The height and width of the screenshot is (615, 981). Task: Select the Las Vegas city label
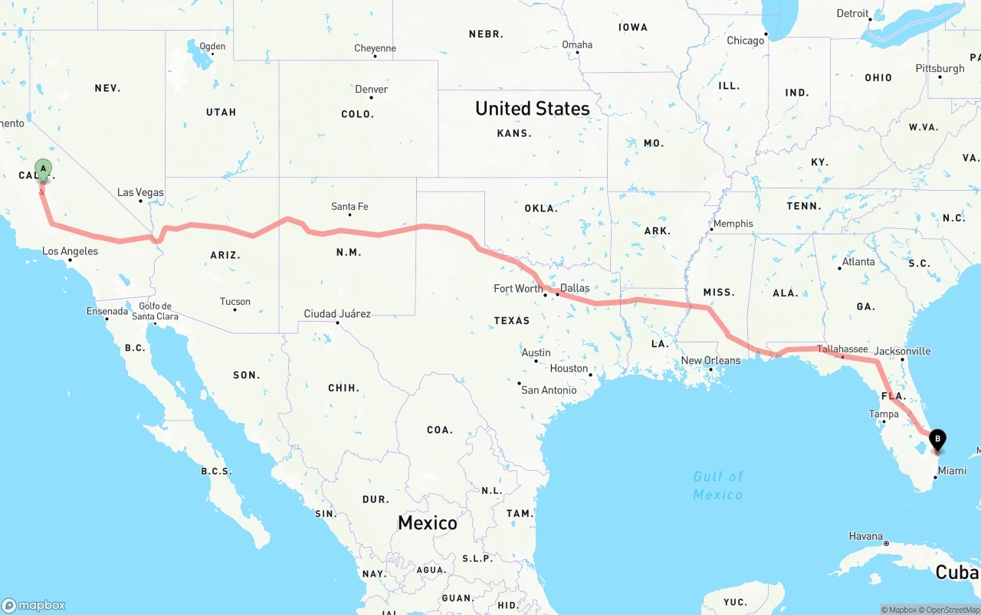tap(140, 192)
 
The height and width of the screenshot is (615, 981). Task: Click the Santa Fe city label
tap(349, 206)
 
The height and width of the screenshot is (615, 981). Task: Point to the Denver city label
tap(371, 90)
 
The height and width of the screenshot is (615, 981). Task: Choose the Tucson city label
tap(235, 301)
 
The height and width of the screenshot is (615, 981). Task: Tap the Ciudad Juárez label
tap(337, 313)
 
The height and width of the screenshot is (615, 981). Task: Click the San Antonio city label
tap(549, 390)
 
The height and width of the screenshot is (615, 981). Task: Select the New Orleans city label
tap(710, 360)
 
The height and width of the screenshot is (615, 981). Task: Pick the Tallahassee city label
tap(842, 349)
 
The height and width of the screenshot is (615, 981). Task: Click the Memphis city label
tap(733, 224)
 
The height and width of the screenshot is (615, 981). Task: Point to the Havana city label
tap(866, 536)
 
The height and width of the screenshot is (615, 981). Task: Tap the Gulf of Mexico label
tap(718, 486)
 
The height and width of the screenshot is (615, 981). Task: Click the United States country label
tap(532, 108)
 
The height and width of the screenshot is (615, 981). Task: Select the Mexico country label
tap(427, 523)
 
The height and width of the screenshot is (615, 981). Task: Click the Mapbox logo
tap(34, 605)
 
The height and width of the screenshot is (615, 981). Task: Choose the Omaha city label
tap(577, 44)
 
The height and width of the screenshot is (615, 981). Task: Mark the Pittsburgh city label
tap(940, 68)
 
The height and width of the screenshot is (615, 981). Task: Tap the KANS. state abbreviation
tap(513, 133)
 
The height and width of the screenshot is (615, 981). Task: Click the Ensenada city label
tap(107, 311)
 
